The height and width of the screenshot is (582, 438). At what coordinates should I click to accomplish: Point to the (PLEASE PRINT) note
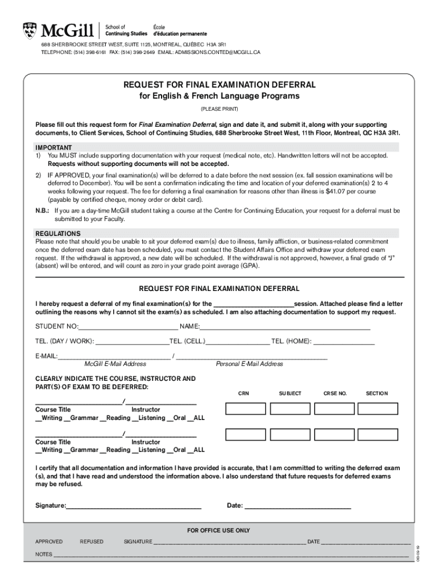point(219,109)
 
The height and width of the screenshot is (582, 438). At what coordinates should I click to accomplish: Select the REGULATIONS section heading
point(58,234)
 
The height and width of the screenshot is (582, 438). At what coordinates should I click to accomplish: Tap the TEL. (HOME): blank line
point(344,342)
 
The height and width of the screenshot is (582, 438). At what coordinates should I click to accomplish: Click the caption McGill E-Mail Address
point(115,364)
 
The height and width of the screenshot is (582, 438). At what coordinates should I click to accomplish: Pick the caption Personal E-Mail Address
point(249,364)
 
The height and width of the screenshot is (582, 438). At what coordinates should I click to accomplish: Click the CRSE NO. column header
point(335,393)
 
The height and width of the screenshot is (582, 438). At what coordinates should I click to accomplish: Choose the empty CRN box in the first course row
point(246,409)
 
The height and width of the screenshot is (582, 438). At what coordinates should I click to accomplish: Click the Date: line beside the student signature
point(297,506)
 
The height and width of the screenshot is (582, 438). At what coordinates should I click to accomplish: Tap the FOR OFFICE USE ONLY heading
point(218,530)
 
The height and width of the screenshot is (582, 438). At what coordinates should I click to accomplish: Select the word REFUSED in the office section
point(92,542)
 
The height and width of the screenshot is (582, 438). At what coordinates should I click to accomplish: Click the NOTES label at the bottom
point(44,554)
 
